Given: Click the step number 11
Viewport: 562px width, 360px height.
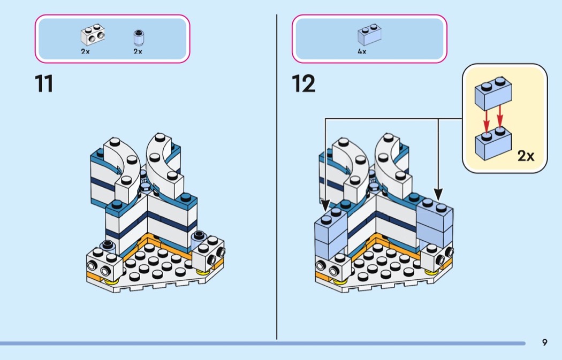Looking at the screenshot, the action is (x=44, y=83).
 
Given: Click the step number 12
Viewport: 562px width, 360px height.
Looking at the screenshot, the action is (x=303, y=83).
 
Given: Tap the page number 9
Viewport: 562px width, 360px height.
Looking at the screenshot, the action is (x=544, y=342).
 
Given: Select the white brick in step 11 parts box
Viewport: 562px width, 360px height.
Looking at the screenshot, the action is (x=93, y=35).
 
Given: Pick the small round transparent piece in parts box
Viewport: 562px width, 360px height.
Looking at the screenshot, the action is (x=138, y=38).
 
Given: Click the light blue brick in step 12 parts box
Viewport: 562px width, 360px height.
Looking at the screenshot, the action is (x=369, y=35).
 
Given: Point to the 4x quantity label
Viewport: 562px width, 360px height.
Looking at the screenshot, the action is (x=362, y=51).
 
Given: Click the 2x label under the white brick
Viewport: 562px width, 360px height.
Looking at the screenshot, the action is (x=85, y=51).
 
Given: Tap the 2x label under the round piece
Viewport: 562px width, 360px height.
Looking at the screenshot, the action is (x=138, y=51).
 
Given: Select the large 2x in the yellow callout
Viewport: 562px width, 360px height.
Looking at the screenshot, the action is (x=526, y=156).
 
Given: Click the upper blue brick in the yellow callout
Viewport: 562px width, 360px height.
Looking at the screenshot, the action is (x=493, y=93).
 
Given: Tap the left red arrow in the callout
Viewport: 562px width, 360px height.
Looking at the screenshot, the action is (x=487, y=121).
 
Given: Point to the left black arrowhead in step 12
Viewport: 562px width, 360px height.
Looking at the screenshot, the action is (x=325, y=205).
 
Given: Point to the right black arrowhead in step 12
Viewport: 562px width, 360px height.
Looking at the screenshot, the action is (x=438, y=195).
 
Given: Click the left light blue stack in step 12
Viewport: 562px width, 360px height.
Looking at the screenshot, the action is (x=331, y=233).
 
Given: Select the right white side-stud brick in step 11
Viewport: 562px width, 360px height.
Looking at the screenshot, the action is (x=209, y=254).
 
